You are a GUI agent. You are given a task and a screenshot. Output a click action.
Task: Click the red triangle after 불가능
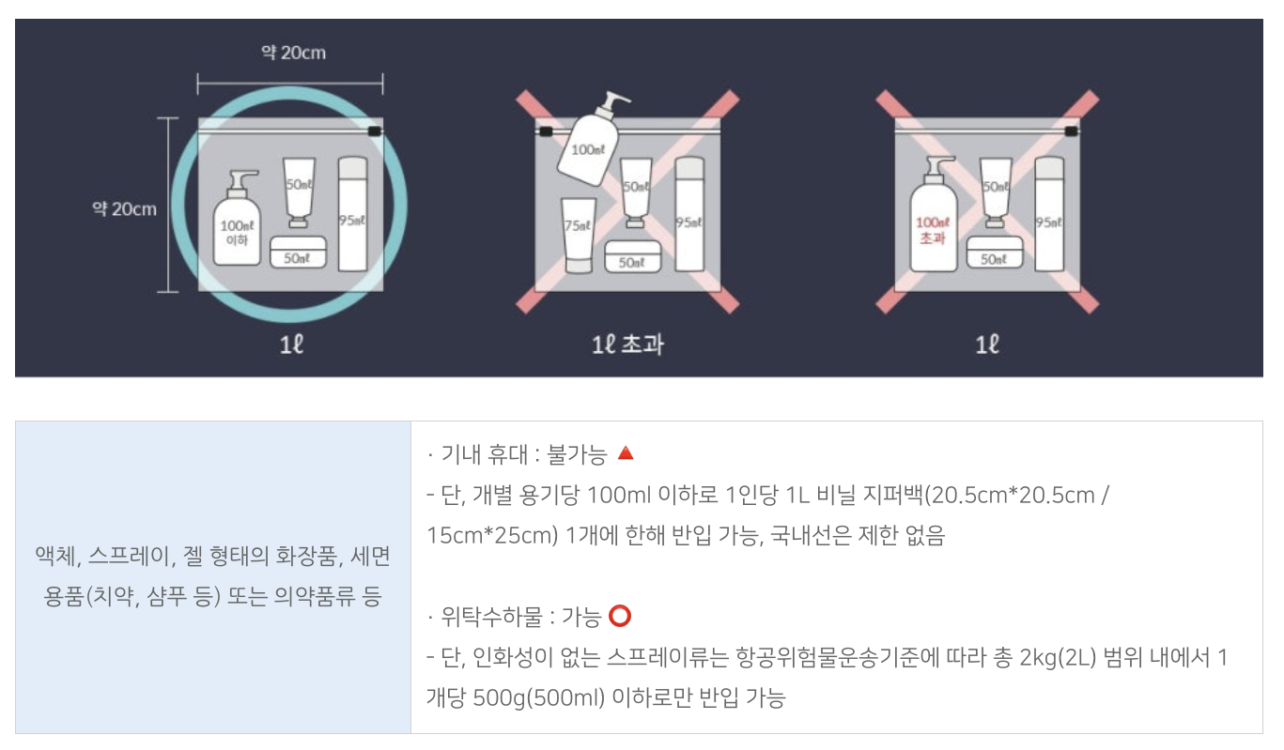coord(626,454)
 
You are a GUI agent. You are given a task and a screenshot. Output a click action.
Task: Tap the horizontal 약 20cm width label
coord(293,53)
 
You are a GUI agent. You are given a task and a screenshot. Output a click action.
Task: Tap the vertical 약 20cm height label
coord(124,208)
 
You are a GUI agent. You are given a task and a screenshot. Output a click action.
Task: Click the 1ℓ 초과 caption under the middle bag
coord(627,344)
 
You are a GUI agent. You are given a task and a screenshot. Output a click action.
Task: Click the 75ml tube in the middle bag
coord(578,235)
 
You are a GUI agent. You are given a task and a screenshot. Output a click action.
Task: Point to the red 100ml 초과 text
coord(934,230)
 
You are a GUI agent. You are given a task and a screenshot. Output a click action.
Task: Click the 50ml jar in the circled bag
coord(298,253)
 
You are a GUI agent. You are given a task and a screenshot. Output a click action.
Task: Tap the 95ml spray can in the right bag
coord(1049,214)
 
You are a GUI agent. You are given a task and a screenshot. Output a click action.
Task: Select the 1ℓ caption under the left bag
coord(292,344)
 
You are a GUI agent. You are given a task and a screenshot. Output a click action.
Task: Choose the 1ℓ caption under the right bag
coord(986,344)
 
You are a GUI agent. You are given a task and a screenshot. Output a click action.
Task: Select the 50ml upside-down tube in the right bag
coord(995,192)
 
